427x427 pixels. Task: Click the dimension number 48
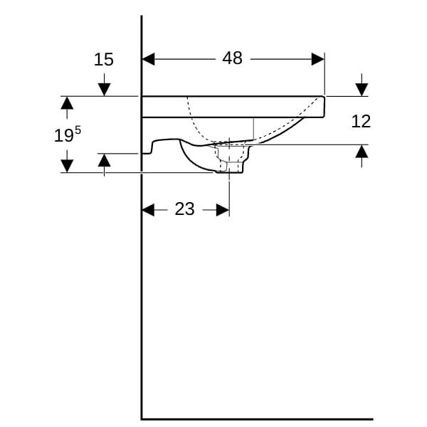pos(232,58)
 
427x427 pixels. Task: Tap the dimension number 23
pos(184,209)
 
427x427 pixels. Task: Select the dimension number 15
pos(103,59)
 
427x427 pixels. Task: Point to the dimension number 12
pos(361,121)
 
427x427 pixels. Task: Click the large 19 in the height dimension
pos(64,136)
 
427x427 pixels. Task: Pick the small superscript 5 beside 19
pos(78,130)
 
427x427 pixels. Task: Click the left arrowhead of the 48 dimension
pos(149,59)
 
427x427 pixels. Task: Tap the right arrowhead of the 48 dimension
pos(318,59)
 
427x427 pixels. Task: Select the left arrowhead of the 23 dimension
pos(149,210)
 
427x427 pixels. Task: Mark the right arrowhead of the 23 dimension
pos(223,210)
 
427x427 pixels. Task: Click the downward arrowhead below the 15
pos(104,90)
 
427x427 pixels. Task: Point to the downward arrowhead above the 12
pos(362,90)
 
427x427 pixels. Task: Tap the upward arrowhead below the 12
pos(362,152)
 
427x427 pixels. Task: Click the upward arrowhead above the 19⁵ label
pos(67,103)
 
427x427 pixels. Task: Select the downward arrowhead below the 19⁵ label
pos(67,166)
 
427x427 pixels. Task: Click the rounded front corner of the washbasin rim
pos(324,97)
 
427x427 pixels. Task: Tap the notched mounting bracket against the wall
pos(149,149)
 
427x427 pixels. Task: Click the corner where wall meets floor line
pos(142,419)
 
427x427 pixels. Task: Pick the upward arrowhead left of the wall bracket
pos(104,160)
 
